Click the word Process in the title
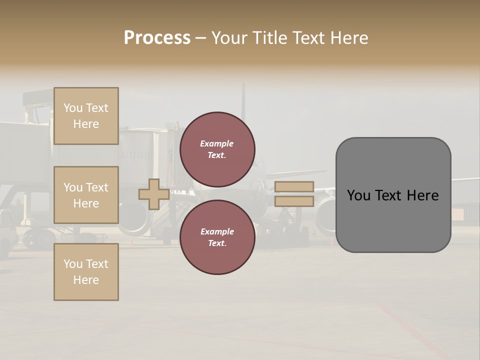157,38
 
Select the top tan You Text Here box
86,116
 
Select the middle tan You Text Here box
86,195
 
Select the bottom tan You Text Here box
86,272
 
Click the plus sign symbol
154,194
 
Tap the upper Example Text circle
217,149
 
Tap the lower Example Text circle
217,237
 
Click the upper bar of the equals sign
294,186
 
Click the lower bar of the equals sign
294,201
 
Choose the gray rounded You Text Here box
393,195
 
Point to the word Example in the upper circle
216,143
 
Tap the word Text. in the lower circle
217,243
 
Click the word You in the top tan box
72,108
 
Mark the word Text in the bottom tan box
97,264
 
